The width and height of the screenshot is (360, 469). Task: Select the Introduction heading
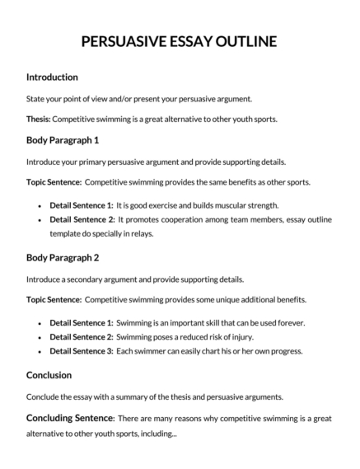pos(52,77)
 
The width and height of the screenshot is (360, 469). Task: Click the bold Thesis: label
pos(38,119)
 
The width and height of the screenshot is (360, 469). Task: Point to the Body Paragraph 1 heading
pos(63,140)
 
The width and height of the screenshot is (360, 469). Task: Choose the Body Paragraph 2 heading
pos(63,257)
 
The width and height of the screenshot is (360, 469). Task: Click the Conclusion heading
pos(49,374)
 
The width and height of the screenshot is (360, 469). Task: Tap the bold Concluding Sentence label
pos(70,418)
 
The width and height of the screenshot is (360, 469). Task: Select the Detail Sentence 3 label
pos(81,352)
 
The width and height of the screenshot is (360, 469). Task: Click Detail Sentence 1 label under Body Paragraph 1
pos(81,204)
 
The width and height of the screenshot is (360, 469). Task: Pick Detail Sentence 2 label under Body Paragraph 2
pos(81,337)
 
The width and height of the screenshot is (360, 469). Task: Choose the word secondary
pos(84,279)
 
